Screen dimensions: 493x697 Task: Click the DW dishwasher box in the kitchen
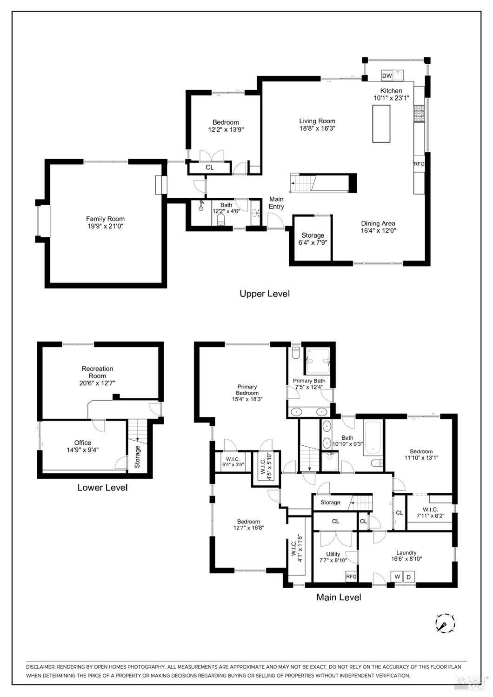click(x=387, y=76)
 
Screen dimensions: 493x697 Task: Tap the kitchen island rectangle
click(x=381, y=123)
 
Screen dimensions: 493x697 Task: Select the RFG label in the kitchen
click(x=419, y=164)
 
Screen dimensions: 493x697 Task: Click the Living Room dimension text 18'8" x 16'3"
click(x=317, y=128)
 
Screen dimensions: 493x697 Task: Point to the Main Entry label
click(x=276, y=202)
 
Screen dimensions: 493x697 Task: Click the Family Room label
click(x=105, y=219)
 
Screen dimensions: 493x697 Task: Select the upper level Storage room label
click(x=313, y=235)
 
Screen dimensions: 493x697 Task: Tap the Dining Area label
click(x=378, y=223)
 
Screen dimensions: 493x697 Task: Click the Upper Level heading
click(x=265, y=294)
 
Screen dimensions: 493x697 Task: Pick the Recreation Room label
click(x=97, y=372)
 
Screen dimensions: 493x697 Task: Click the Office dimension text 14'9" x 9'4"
click(x=83, y=449)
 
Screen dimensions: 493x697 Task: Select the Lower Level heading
click(x=102, y=488)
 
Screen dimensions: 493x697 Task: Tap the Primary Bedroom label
click(x=247, y=389)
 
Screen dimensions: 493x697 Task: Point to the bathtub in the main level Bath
click(x=373, y=437)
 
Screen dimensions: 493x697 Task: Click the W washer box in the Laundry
click(x=397, y=576)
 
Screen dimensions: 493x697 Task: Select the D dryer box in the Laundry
click(x=409, y=576)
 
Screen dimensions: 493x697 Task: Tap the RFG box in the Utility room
click(x=351, y=576)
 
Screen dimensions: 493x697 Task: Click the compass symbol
click(x=445, y=623)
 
